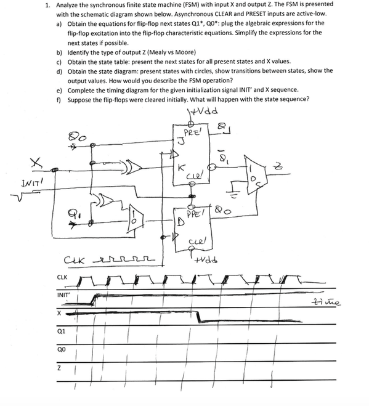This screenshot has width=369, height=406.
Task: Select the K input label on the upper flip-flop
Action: tap(179, 166)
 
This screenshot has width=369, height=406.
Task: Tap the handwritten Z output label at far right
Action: tap(296, 164)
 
